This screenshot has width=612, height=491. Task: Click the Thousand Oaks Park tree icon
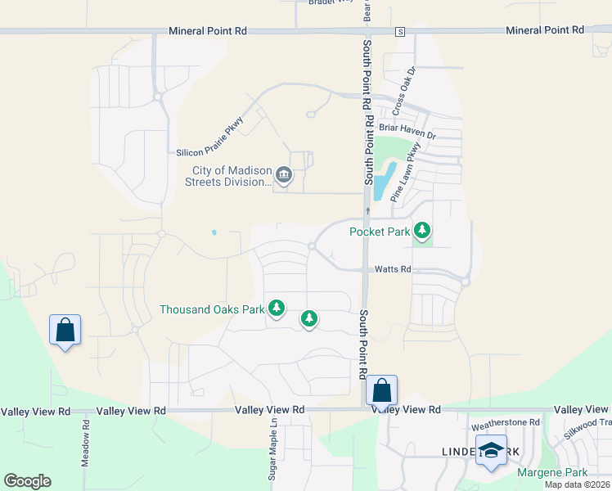click(x=277, y=308)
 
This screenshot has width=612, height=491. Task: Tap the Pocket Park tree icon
click(x=422, y=231)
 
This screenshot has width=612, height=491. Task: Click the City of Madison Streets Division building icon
click(x=284, y=173)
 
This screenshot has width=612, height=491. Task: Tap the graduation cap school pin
click(x=491, y=451)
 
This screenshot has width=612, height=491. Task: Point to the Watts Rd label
click(x=393, y=269)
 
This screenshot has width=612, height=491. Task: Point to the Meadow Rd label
click(x=85, y=443)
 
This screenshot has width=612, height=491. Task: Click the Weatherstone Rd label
click(x=506, y=423)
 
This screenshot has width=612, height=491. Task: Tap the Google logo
click(x=27, y=481)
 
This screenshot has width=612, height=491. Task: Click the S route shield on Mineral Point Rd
click(x=400, y=31)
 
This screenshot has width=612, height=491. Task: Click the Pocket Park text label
click(x=380, y=232)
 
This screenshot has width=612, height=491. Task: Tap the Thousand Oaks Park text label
click(x=213, y=309)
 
